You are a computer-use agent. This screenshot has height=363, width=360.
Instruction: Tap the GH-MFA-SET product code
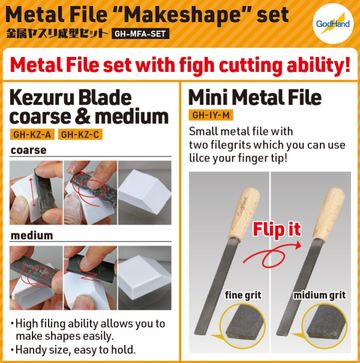140,34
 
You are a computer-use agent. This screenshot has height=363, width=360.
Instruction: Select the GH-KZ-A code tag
32,134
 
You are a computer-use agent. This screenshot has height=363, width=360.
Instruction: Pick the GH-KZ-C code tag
80,134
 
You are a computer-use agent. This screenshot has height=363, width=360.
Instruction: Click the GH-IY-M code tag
211,115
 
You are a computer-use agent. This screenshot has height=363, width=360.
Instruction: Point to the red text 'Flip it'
277,229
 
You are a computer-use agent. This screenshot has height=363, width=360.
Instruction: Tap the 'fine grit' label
243,295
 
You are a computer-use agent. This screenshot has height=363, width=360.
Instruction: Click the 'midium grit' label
319,295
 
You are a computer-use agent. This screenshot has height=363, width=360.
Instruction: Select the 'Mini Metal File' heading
255,97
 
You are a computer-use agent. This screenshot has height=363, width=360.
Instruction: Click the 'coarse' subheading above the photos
29,150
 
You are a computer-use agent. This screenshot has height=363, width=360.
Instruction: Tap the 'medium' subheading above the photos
32,235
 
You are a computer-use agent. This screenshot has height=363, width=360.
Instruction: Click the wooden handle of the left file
244,213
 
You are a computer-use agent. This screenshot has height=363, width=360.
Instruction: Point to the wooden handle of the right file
329,213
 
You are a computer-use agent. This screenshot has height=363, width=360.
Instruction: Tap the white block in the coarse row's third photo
144,191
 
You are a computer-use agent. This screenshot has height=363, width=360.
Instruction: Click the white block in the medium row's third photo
144,277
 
